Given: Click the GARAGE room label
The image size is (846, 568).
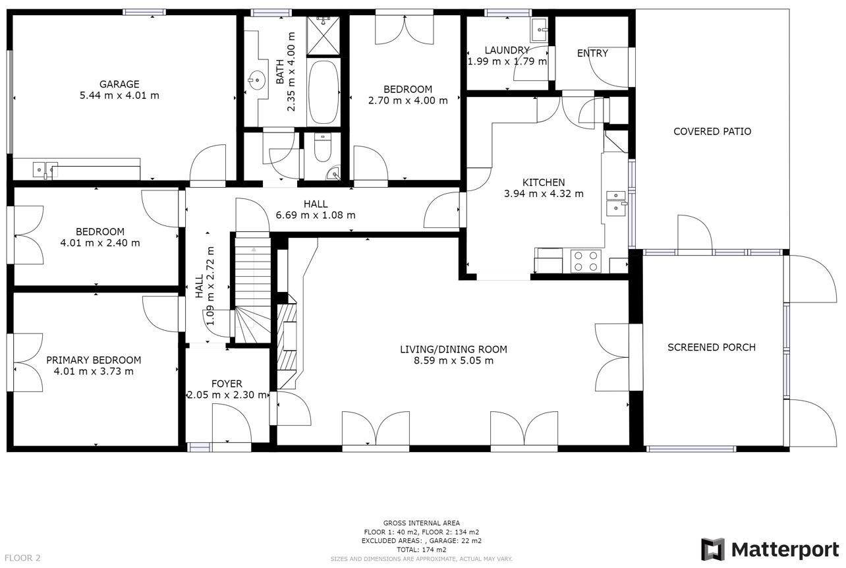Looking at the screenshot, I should coord(119,84).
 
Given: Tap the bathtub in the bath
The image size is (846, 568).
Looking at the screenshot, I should coord(323,92).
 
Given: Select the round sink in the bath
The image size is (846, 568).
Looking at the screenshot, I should coord(256,80).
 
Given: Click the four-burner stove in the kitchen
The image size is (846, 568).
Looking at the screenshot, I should coord(586,262).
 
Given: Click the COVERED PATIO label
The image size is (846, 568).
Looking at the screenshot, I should coord(712,131).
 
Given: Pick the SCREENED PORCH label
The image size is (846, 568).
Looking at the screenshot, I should coord(711,347).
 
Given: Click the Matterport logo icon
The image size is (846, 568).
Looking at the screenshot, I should coord(712,550).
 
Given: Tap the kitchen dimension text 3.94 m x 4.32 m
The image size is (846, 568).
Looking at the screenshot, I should coord(544,194).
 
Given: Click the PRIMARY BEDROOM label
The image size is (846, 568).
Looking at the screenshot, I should coord(94,360).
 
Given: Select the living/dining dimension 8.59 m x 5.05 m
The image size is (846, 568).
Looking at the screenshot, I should coord(454,360).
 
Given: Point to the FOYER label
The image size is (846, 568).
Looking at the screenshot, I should coord(227,383).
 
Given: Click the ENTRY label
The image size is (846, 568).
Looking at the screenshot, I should coord(592,53).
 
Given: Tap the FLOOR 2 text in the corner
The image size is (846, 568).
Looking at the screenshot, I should coord(20,557).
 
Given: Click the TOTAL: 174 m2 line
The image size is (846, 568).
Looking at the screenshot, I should coord(422,550).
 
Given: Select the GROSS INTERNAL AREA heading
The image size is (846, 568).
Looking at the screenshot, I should coord(422,523).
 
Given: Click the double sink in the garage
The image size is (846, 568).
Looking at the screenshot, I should coord(45,170).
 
